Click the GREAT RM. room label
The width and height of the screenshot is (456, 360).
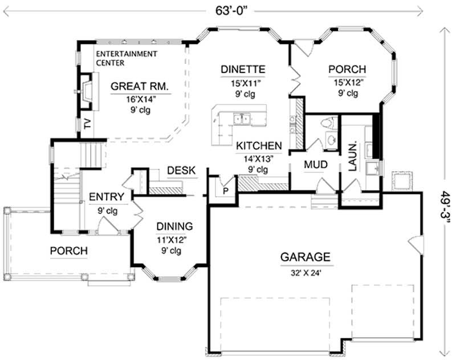pos(139,87)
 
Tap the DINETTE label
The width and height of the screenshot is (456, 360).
pos(243,70)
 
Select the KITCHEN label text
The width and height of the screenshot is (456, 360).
pos(259,145)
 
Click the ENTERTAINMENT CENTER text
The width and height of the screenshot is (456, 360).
pos(126,58)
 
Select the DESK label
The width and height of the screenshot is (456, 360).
pos(181,170)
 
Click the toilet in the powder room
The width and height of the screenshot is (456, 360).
pos(327,123)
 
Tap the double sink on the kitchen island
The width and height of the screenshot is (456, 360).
pos(241,119)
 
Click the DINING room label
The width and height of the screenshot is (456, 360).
pos(175,226)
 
